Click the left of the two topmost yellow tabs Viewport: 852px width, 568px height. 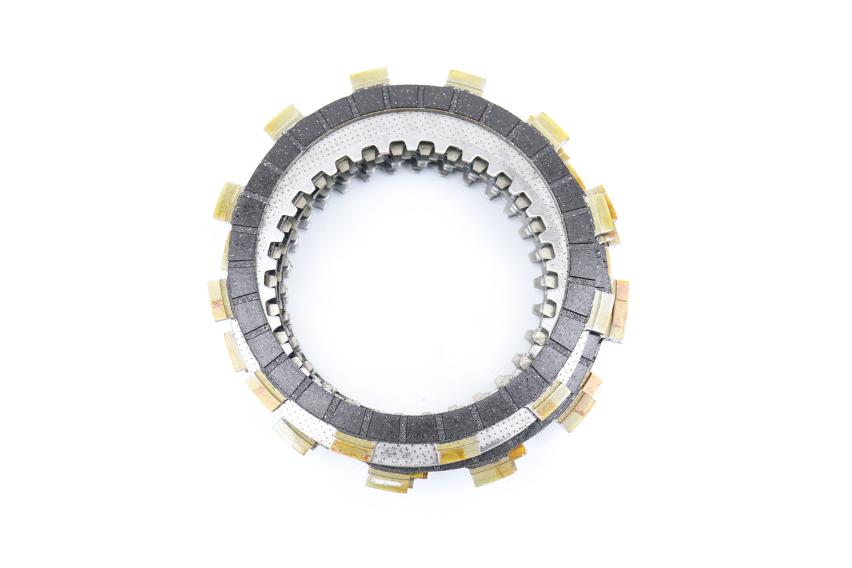point(369,78)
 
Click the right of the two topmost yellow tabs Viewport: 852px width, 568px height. point(465,81)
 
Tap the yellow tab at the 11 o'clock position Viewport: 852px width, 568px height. point(283,121)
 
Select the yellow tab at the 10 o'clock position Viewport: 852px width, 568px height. point(228,201)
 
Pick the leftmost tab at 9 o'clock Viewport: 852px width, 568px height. point(218,299)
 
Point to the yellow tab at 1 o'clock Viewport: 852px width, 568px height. point(548,129)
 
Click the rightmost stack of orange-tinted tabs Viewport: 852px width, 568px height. point(618,310)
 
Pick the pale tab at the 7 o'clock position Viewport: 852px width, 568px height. point(294,436)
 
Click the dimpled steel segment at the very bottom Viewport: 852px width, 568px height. point(403,453)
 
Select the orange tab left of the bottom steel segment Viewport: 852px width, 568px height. point(352,447)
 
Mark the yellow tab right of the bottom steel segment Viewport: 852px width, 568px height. point(458,450)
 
